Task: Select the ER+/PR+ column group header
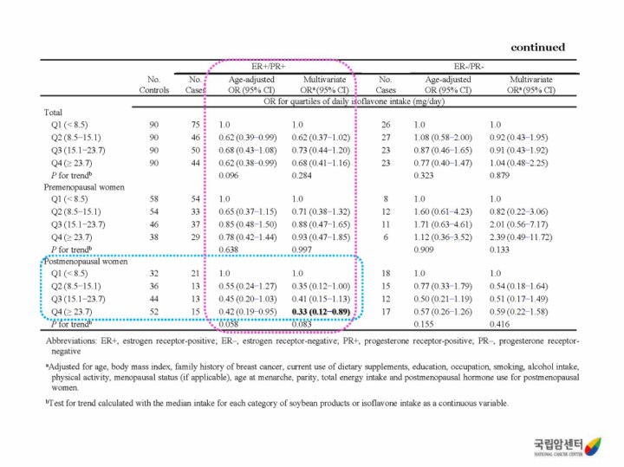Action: [x=269, y=66]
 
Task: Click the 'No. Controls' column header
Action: [x=154, y=84]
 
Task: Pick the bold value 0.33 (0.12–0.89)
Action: [x=322, y=312]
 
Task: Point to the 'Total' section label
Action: [x=54, y=112]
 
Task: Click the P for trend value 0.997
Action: [x=302, y=249]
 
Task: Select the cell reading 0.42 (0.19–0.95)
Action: [x=248, y=312]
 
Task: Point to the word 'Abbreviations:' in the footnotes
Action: [x=73, y=341]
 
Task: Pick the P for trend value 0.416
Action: [x=500, y=324]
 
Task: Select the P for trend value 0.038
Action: [x=230, y=249]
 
